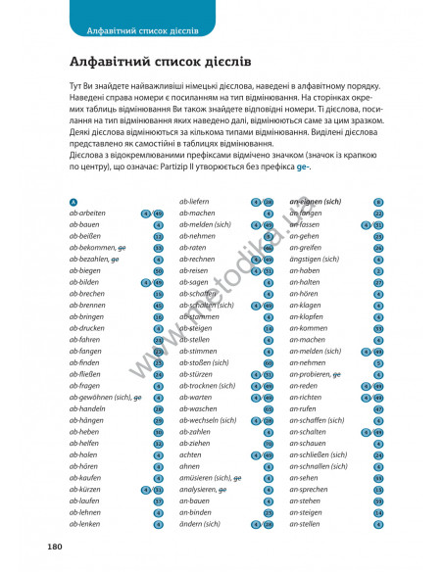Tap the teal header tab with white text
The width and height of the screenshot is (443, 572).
142,17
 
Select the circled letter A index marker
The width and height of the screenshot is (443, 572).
74,202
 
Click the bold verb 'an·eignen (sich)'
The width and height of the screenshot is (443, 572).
319,202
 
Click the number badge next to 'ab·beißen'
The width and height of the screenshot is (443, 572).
158,236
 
